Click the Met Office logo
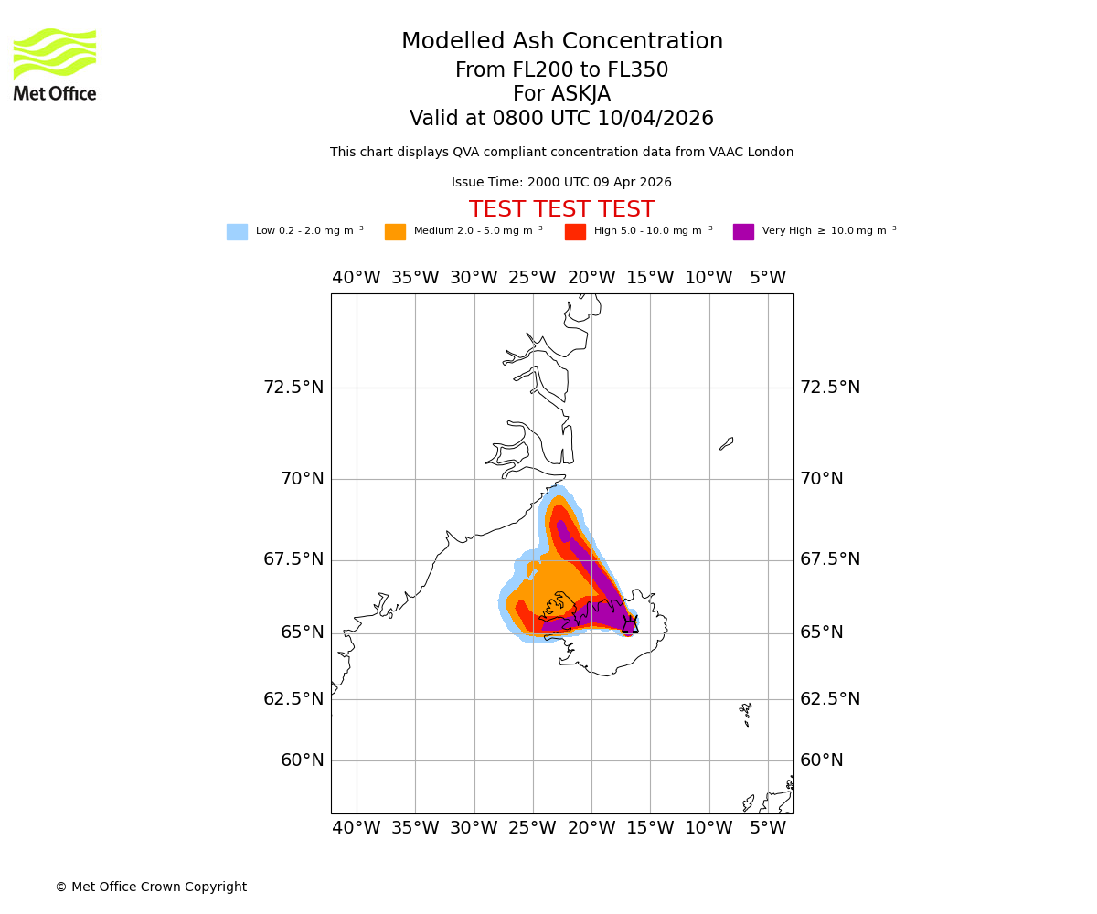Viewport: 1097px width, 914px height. [x=55, y=65]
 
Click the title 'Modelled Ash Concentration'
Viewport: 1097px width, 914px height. [x=561, y=42]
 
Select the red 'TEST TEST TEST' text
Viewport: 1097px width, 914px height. [x=561, y=210]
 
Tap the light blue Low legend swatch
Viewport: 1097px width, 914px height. [x=237, y=232]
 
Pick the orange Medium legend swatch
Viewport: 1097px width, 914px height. [x=395, y=232]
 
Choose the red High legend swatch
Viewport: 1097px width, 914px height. [x=575, y=232]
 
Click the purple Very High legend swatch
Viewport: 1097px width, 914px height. [x=743, y=232]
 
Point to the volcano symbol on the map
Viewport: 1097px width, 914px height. [x=630, y=624]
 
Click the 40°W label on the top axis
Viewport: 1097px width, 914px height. [x=357, y=278]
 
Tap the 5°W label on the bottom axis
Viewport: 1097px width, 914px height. [x=768, y=828]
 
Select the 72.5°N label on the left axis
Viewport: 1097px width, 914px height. [x=293, y=388]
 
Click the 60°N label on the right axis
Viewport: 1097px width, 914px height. [x=822, y=760]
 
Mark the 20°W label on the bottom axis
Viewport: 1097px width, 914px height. [x=591, y=828]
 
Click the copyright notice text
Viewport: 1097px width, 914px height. [x=151, y=887]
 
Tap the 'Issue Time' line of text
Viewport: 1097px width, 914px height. [x=561, y=183]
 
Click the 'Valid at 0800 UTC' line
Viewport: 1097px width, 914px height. [x=561, y=119]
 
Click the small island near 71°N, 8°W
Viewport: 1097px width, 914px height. [x=727, y=443]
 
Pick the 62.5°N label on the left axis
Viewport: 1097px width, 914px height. [x=293, y=699]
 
